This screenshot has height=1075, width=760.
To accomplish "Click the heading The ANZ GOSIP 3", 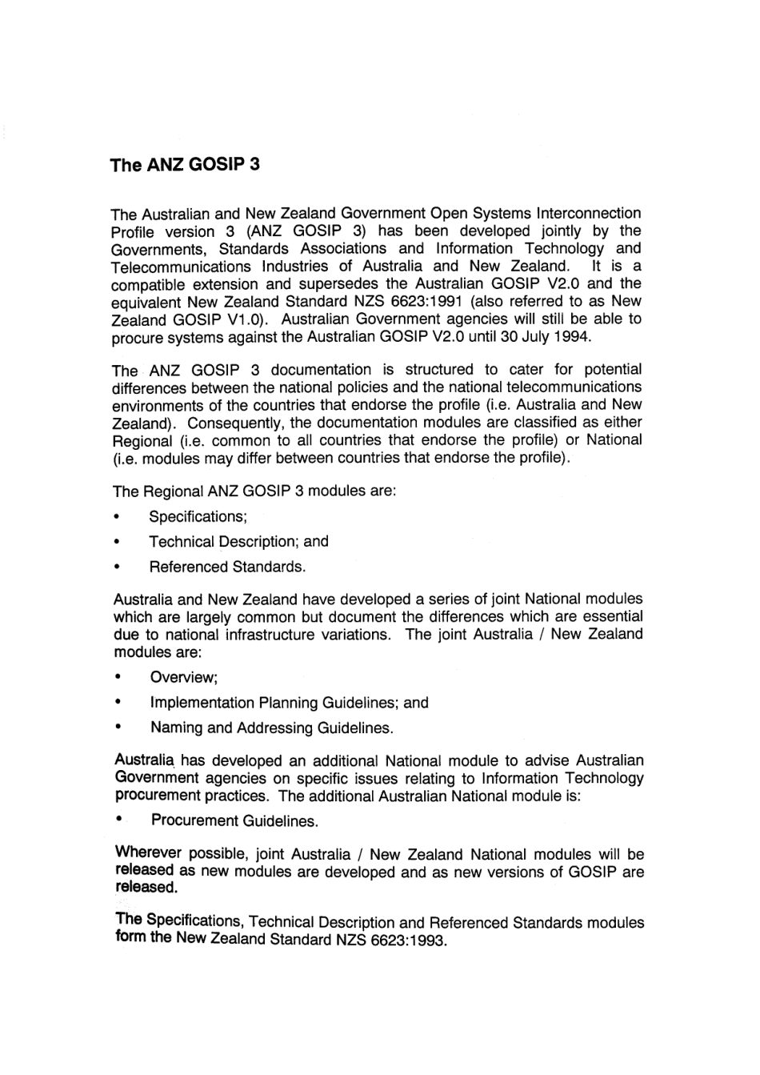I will [x=185, y=166].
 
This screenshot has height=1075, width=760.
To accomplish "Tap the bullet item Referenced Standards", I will [x=227, y=568].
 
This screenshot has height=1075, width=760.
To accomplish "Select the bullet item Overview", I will [x=184, y=678].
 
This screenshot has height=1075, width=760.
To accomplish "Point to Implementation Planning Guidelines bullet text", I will [x=289, y=704].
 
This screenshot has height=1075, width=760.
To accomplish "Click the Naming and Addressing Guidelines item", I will [x=271, y=728].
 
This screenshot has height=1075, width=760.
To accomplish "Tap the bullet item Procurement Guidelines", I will [x=234, y=821].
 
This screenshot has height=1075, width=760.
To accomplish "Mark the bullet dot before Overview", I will [x=118, y=677].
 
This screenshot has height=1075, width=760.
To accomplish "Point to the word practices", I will [x=238, y=796].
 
